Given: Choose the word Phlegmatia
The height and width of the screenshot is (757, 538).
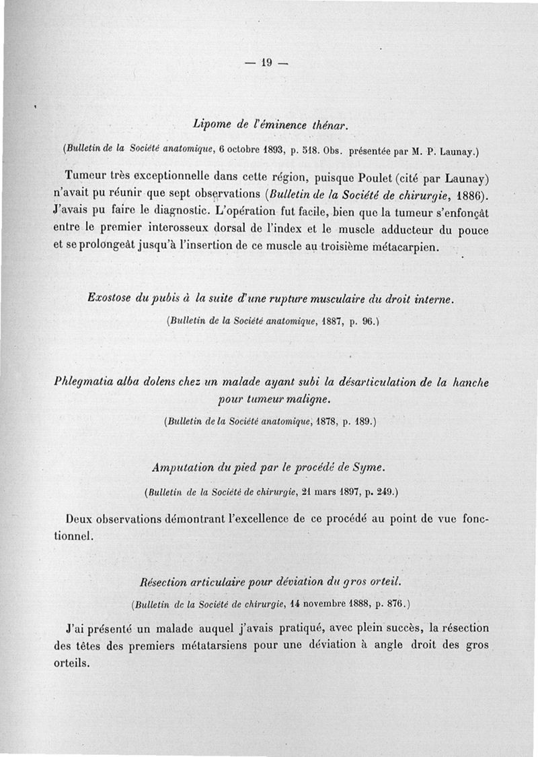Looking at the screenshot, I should (84, 383).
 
